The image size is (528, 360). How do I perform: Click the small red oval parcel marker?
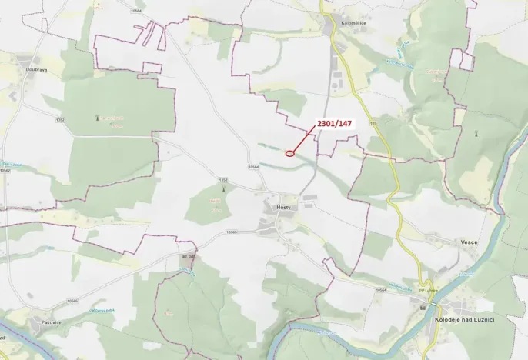pyautogui.click(x=290, y=153)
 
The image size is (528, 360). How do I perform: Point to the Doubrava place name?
pyautogui.click(x=35, y=68)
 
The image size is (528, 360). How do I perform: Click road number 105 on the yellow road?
pyautogui.click(x=373, y=122)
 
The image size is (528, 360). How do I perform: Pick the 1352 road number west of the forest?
pyautogui.click(x=60, y=120)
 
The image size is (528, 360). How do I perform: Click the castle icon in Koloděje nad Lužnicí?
pyautogui.click(x=423, y=308)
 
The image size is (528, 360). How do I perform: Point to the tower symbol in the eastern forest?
pyautogui.click(x=477, y=132)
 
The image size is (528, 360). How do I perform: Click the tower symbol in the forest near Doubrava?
pyautogui.click(x=98, y=118)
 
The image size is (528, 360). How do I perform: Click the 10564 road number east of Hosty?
pyautogui.click(x=380, y=289)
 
